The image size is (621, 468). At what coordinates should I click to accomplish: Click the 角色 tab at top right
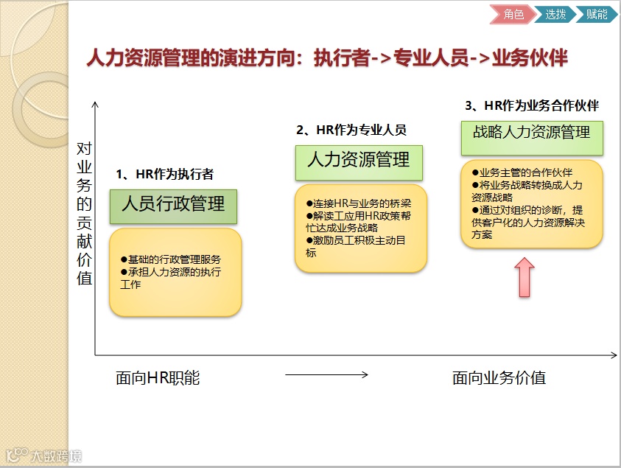513,14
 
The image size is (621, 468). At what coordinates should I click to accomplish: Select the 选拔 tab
555,14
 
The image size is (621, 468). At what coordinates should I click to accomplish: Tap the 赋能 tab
597,14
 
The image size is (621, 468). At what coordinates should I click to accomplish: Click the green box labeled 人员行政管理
174,204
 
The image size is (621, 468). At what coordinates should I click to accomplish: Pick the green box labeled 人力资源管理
359,160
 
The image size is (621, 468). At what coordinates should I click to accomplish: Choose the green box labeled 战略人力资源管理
531,133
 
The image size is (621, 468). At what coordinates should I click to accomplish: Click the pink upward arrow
524,277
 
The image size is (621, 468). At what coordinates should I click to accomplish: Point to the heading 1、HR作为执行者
165,174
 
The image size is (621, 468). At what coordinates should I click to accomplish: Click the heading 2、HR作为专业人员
351,130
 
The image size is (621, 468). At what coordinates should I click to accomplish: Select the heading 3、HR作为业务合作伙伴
531,105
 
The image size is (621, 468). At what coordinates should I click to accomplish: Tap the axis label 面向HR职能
158,378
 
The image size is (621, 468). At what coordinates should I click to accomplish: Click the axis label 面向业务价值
499,378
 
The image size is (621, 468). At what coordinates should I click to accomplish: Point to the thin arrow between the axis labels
326,375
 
